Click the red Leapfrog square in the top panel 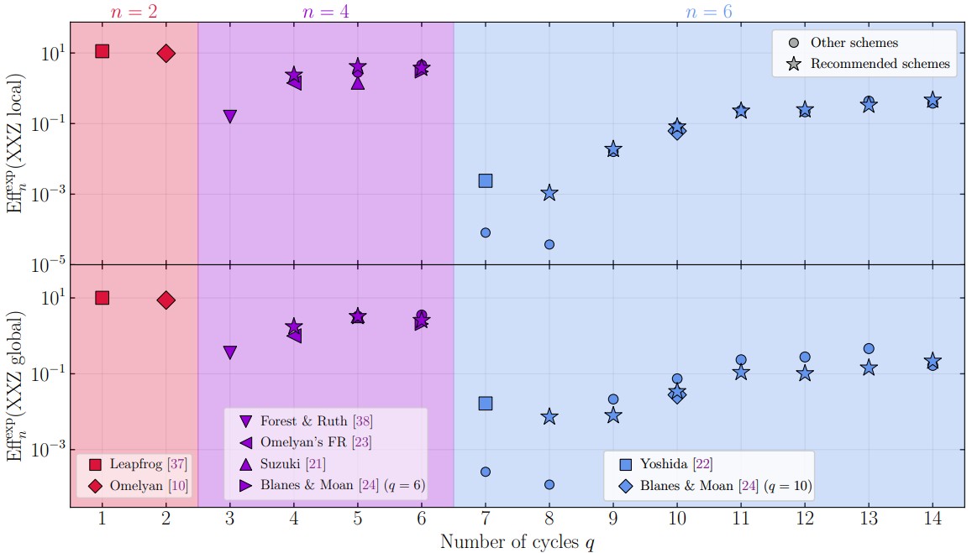pos(102,51)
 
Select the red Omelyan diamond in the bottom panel pos(166,300)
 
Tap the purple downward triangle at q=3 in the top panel pos(230,117)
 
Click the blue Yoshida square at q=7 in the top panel pos(486,180)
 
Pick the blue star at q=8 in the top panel pos(549,193)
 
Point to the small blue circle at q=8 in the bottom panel pos(549,484)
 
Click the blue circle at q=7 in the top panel pos(486,232)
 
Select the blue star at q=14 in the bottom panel pos(933,361)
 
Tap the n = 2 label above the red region pos(134,12)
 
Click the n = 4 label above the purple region pos(326,12)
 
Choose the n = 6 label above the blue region pos(709,12)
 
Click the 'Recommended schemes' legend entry pos(880,63)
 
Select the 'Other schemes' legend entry pos(854,42)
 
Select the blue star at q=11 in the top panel pos(741,111)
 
